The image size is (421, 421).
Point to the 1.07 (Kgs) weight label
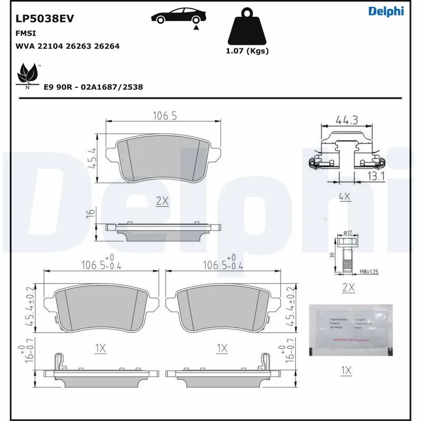[247, 51]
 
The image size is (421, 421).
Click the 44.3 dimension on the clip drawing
[347, 121]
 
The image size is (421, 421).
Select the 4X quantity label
[345, 197]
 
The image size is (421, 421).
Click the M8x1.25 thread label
[369, 272]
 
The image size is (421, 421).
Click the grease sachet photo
[351, 330]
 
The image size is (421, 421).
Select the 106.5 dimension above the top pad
[164, 116]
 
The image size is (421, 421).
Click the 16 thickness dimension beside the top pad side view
[90, 213]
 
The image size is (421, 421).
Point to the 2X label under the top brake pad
[162, 201]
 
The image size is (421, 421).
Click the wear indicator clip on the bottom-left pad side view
[59, 363]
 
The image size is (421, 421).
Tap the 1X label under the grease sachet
[345, 371]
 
